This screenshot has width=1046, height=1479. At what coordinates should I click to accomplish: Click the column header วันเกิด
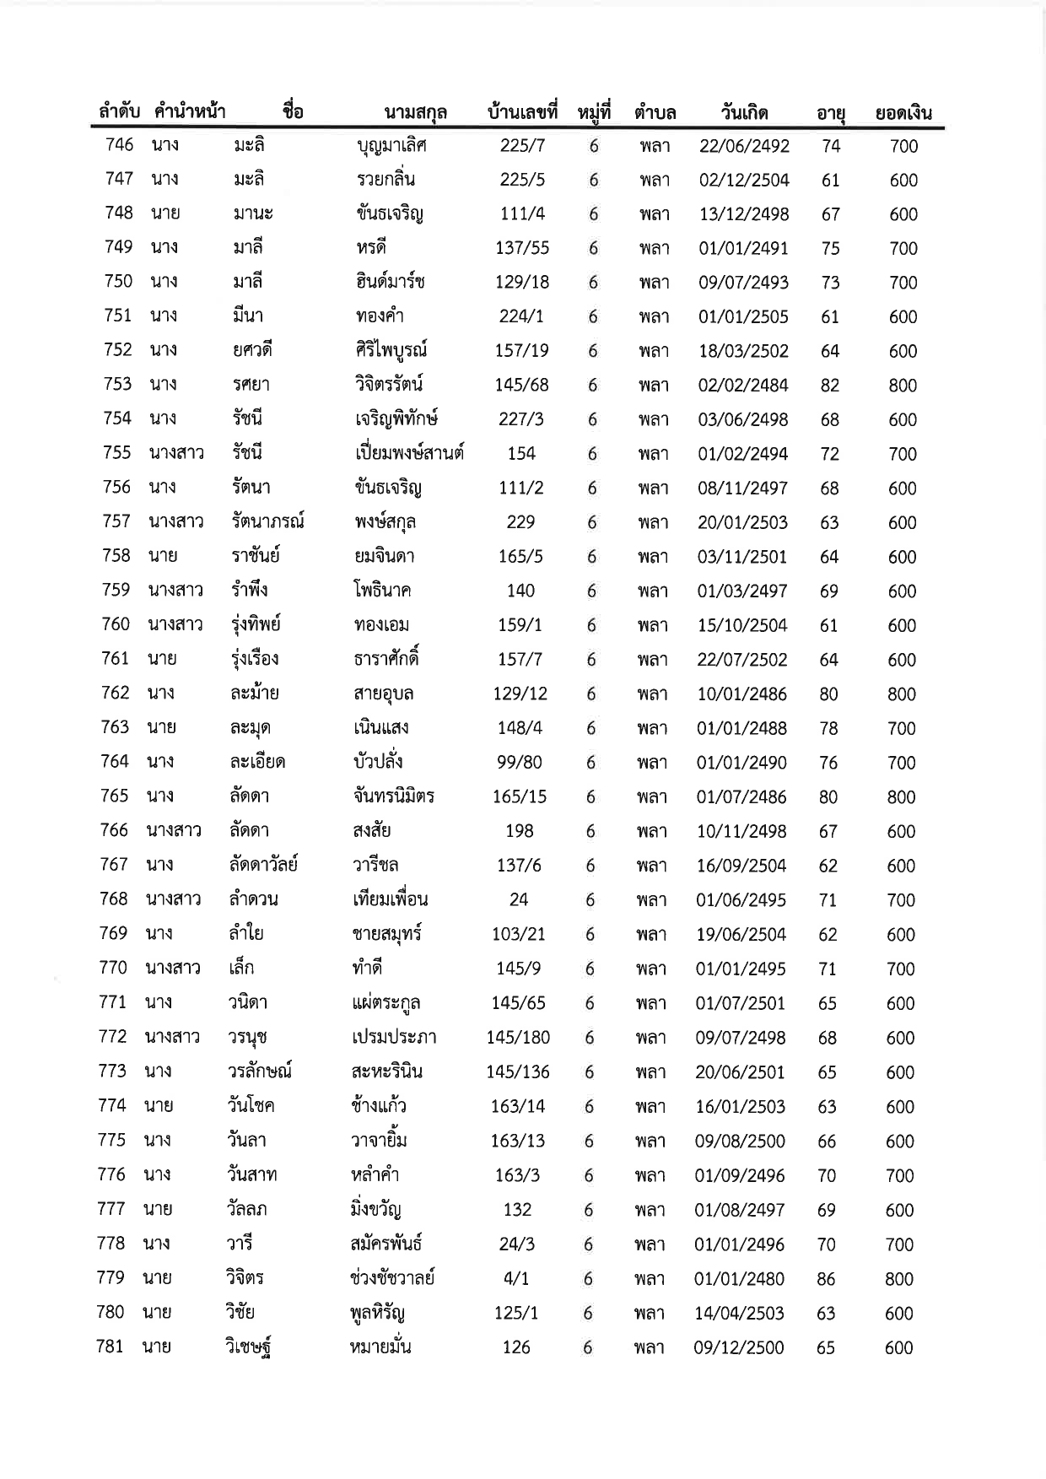pyautogui.click(x=744, y=112)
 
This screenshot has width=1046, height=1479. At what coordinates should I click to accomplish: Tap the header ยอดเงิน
pyautogui.click(x=903, y=112)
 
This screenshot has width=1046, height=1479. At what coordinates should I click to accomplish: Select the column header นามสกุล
pyautogui.click(x=415, y=112)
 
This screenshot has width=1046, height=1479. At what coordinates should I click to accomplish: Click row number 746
pyautogui.click(x=119, y=144)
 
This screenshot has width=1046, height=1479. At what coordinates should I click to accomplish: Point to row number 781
pyautogui.click(x=110, y=1347)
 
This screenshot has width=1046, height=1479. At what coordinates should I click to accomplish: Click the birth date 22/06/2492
pyautogui.click(x=744, y=146)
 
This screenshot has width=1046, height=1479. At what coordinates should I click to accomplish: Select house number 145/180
pyautogui.click(x=518, y=1038)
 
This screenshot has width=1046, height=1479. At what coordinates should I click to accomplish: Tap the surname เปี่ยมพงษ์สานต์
pyautogui.click(x=409, y=453)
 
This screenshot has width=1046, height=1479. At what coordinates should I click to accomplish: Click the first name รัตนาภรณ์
pyautogui.click(x=268, y=521)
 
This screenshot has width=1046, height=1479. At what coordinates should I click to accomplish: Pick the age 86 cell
pyautogui.click(x=826, y=1279)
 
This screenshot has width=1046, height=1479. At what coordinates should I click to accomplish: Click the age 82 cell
pyautogui.click(x=830, y=386)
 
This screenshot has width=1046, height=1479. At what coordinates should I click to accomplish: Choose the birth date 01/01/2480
pyautogui.click(x=739, y=1279)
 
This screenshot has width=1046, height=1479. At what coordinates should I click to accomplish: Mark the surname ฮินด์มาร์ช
pyautogui.click(x=390, y=282)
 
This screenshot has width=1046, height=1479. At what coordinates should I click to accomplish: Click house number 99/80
pyautogui.click(x=520, y=763)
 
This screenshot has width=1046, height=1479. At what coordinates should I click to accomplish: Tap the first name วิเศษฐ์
pyautogui.click(x=248, y=1347)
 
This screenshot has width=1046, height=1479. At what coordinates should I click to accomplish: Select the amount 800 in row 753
pyautogui.click(x=903, y=386)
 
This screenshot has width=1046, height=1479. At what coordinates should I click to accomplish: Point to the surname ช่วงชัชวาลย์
pyautogui.click(x=392, y=1278)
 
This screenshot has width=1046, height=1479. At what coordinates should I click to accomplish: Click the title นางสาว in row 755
pyautogui.click(x=176, y=453)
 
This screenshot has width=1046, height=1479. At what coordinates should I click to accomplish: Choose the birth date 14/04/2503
pyautogui.click(x=739, y=1314)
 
